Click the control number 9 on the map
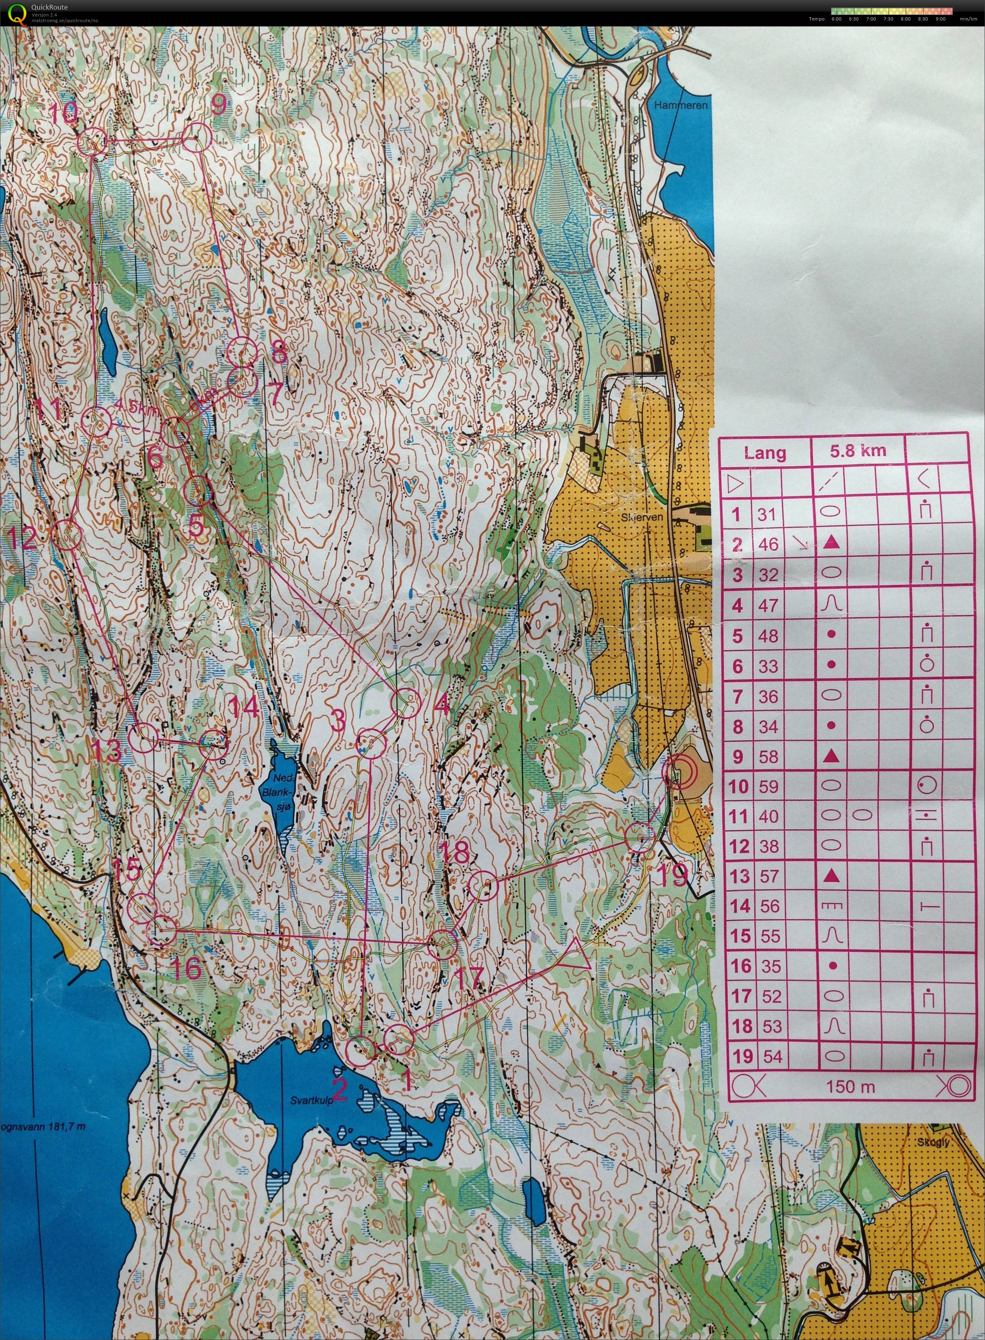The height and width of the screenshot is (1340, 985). click(x=218, y=106)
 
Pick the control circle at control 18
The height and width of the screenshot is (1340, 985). click(x=483, y=887)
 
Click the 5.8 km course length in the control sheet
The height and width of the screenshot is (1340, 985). click(x=858, y=451)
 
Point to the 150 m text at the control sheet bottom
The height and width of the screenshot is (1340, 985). click(x=850, y=1087)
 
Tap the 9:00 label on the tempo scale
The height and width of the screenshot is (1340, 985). click(x=940, y=19)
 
